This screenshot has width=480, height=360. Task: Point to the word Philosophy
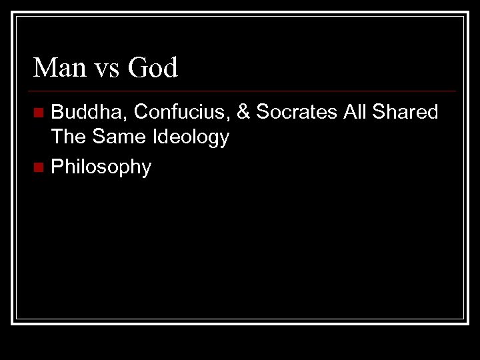coord(101,166)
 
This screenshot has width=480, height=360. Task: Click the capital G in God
coord(134,68)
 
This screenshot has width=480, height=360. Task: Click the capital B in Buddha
coord(57,113)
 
